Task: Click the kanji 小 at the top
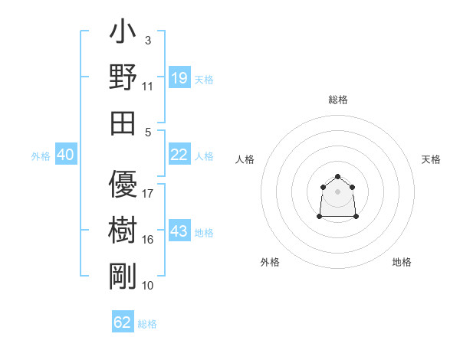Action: (x=123, y=33)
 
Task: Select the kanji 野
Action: (x=123, y=78)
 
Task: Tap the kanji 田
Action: (x=123, y=123)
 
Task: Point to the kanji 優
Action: (x=123, y=185)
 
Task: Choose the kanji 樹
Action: (x=123, y=231)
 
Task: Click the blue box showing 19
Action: (x=179, y=78)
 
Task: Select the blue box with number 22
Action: (x=179, y=155)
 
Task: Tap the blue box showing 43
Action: (x=179, y=231)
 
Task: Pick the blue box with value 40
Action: (x=65, y=155)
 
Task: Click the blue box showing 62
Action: (x=123, y=322)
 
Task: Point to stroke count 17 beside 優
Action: (x=148, y=193)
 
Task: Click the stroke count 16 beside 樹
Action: (x=148, y=240)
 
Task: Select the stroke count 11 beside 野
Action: (x=148, y=86)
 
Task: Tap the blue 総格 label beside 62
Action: (x=147, y=324)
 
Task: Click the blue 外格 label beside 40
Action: (x=41, y=156)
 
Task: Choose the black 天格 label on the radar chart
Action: (x=431, y=159)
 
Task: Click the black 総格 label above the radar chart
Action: (x=338, y=100)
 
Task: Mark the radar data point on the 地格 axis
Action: (x=356, y=217)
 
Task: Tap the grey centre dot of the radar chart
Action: (x=338, y=191)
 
